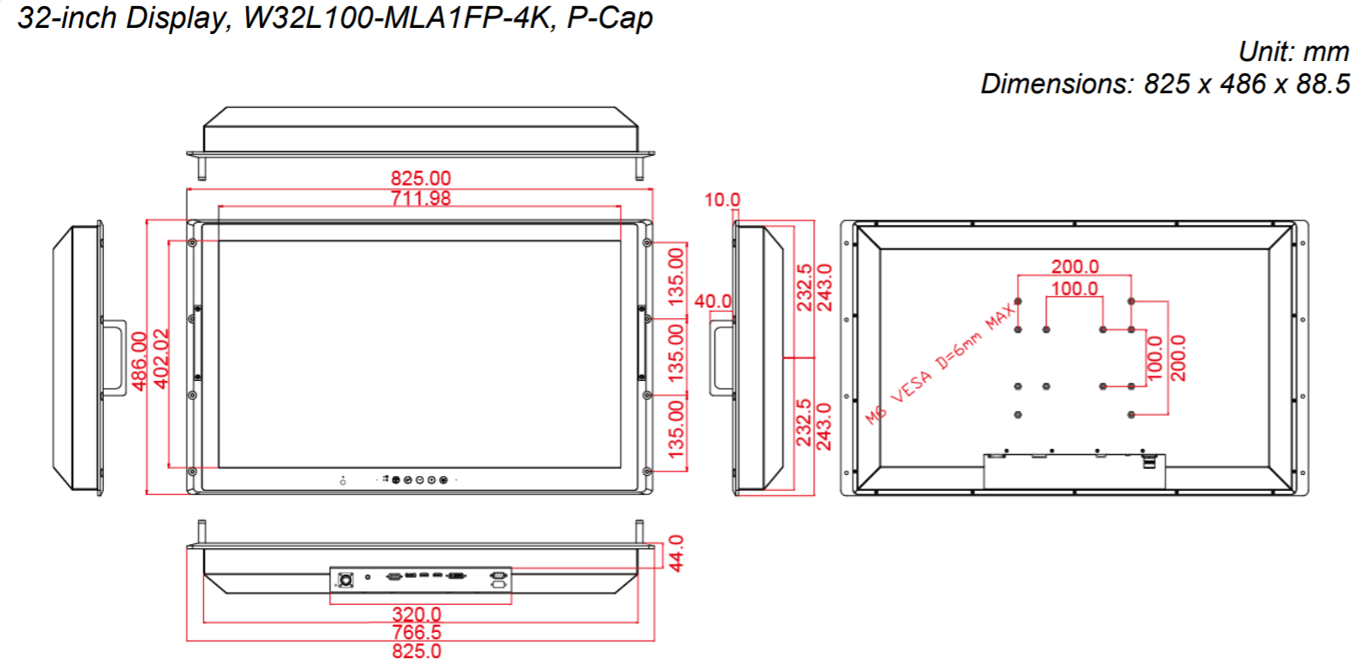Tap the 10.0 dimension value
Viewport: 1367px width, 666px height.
coord(721,200)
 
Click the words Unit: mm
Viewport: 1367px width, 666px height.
coord(1294,52)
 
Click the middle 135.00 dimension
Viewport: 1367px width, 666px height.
coord(677,352)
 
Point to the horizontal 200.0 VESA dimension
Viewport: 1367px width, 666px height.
coord(1074,267)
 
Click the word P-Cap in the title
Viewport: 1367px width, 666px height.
coord(609,19)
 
